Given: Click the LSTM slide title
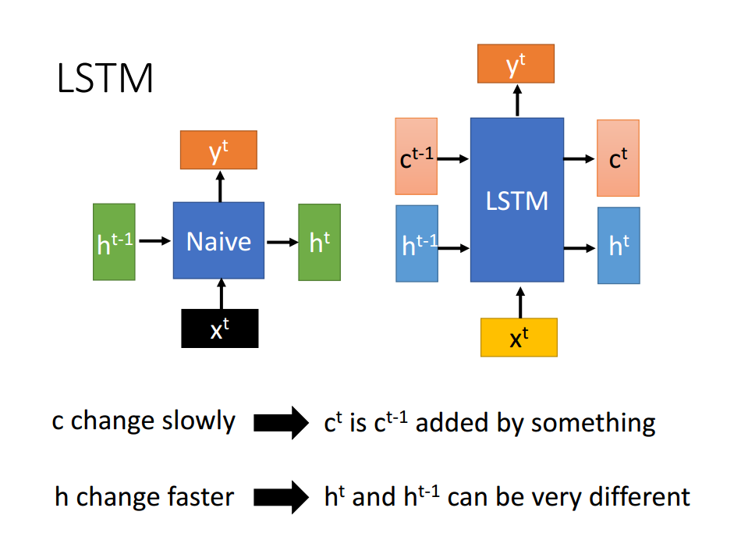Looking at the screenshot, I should pos(105,80).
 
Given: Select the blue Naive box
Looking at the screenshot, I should pos(218,240).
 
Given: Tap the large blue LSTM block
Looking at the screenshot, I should pos(516,200).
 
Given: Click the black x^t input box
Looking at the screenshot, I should pos(219,328).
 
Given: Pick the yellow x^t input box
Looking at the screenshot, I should pos(519,337).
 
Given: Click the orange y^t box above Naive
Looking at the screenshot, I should pos(218,150).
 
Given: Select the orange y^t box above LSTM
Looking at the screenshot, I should pos(516,64).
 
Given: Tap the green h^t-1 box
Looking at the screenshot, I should pos(114,242).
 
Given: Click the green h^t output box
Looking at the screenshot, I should pos(319,242).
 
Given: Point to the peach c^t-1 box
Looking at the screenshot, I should pos(416,157).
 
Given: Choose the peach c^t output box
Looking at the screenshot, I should pos(618,158).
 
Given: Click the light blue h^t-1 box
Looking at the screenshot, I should pos(417,243).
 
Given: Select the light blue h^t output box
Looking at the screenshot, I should pos(619,245).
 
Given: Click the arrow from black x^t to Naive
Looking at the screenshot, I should pos(221,294).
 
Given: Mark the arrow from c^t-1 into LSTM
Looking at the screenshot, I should pos(453,158).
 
